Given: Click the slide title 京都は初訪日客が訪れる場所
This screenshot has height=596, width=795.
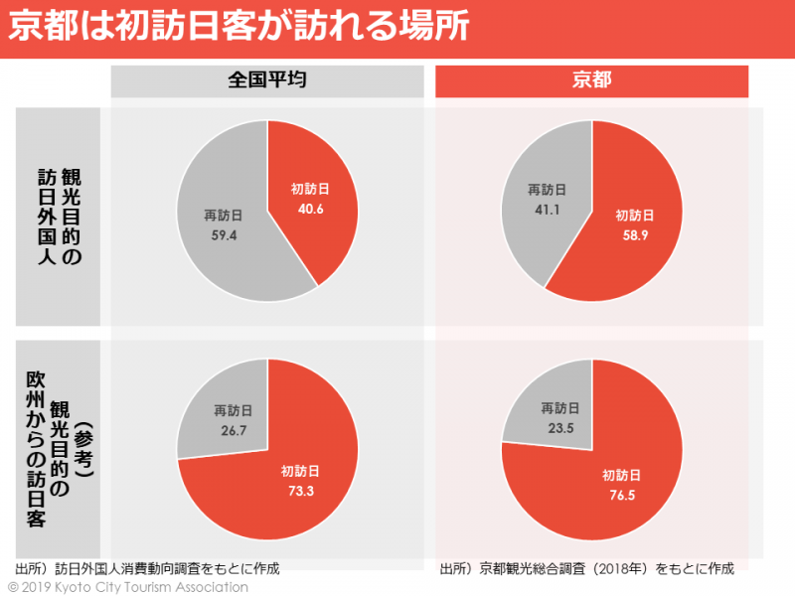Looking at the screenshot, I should point(238,27).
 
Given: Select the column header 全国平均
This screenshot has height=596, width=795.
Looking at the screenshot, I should point(267,81).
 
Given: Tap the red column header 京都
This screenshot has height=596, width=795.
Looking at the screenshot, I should point(592,81).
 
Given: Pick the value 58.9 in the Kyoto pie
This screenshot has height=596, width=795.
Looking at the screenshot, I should point(635,234).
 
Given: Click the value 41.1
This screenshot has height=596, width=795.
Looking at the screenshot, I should point(547,210).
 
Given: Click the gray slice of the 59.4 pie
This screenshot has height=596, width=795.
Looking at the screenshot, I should point(214,263).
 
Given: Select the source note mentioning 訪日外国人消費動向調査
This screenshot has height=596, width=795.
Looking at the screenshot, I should point(147,569).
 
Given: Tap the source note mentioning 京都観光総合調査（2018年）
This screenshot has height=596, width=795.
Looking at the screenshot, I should point(586,569).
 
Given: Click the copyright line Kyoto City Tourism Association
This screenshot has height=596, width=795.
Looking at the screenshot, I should point(128,587).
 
